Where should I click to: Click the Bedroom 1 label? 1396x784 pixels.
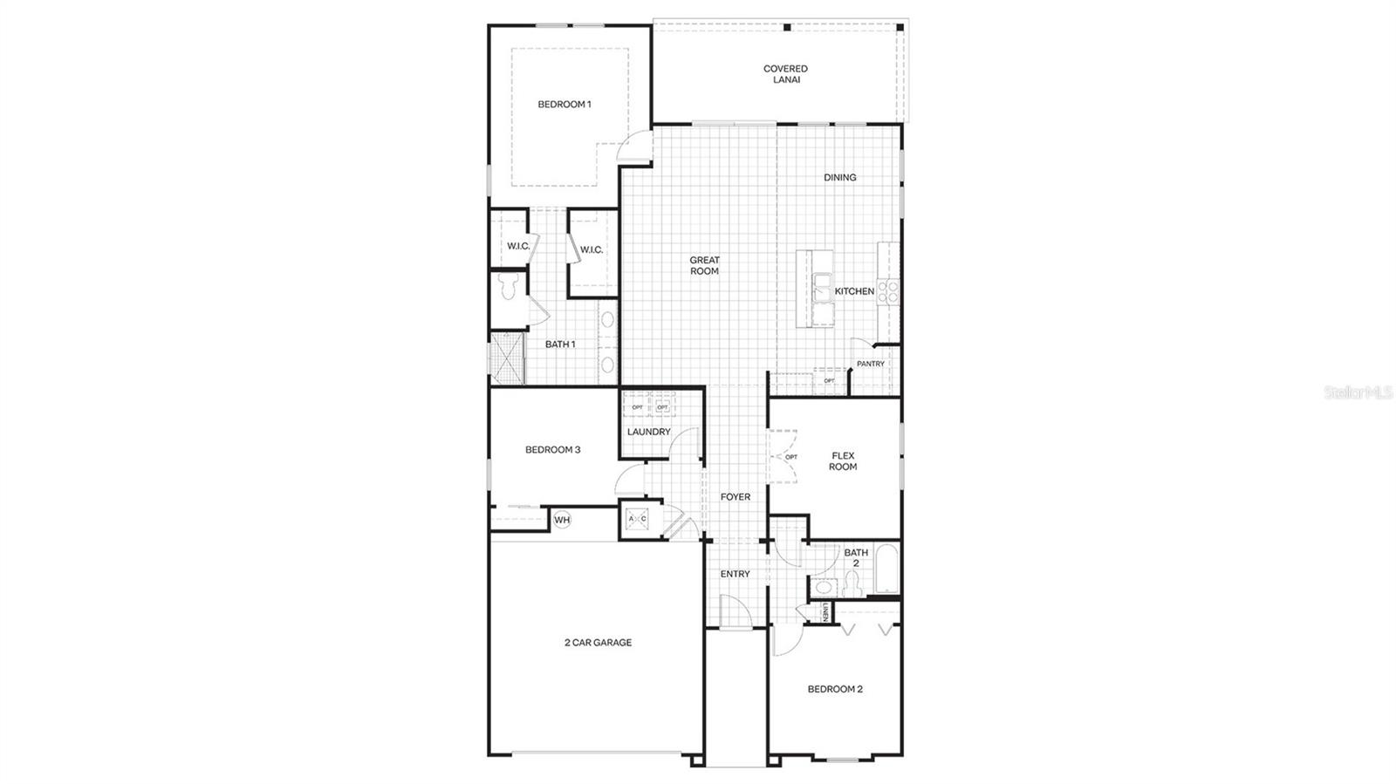(x=564, y=105)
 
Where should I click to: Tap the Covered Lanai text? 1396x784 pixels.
(x=785, y=74)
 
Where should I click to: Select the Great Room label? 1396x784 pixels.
(x=704, y=265)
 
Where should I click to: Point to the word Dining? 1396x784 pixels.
(x=840, y=178)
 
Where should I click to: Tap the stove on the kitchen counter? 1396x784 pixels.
(x=888, y=291)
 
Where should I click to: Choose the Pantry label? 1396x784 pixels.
(x=870, y=364)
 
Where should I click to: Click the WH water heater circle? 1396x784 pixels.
(x=562, y=521)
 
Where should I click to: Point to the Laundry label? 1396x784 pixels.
(x=648, y=432)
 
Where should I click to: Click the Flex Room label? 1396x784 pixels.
(x=843, y=461)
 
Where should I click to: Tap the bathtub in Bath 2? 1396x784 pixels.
(x=886, y=569)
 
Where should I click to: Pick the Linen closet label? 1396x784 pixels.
(x=826, y=613)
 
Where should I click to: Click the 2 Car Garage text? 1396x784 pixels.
(x=598, y=643)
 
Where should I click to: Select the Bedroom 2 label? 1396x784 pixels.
(x=835, y=689)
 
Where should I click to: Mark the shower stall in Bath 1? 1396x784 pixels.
(x=507, y=358)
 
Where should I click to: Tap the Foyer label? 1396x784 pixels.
(x=736, y=497)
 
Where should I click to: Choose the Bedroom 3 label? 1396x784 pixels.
(x=552, y=450)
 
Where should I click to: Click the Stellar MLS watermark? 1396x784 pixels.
(x=1358, y=393)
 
